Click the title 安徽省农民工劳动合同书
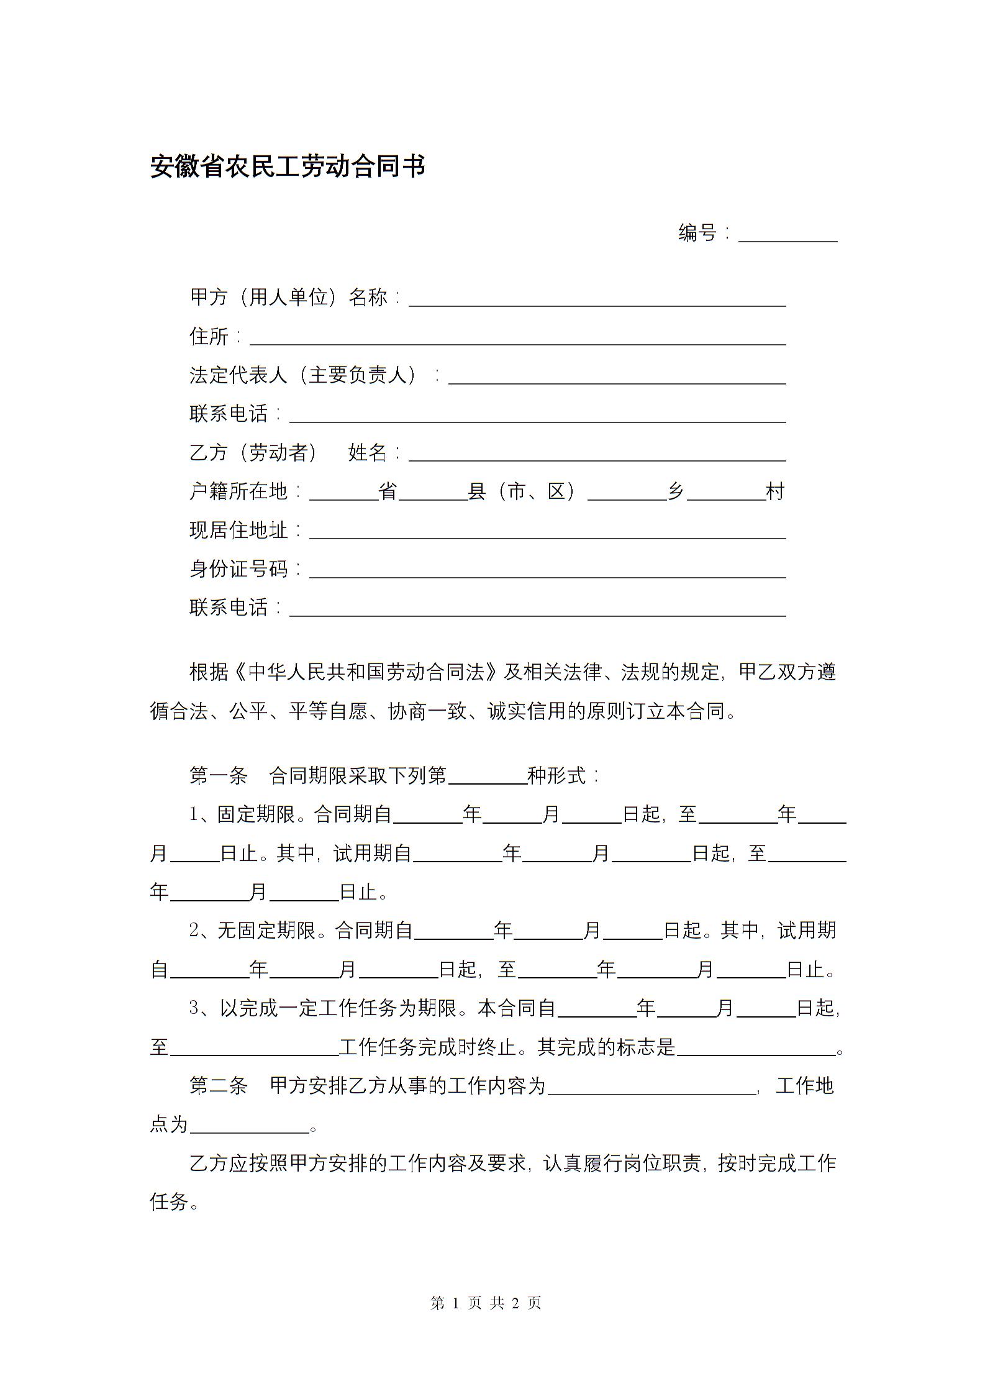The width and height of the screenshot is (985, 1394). [x=288, y=166]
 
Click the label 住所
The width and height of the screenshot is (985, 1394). [x=209, y=337]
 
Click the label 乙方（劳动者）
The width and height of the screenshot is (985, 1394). [x=253, y=453]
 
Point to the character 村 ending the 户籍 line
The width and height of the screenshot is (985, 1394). [x=776, y=492]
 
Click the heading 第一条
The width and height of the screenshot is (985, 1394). [x=219, y=775]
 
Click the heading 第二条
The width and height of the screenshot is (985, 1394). [x=219, y=1086]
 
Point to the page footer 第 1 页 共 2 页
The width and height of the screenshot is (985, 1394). [x=486, y=1303]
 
